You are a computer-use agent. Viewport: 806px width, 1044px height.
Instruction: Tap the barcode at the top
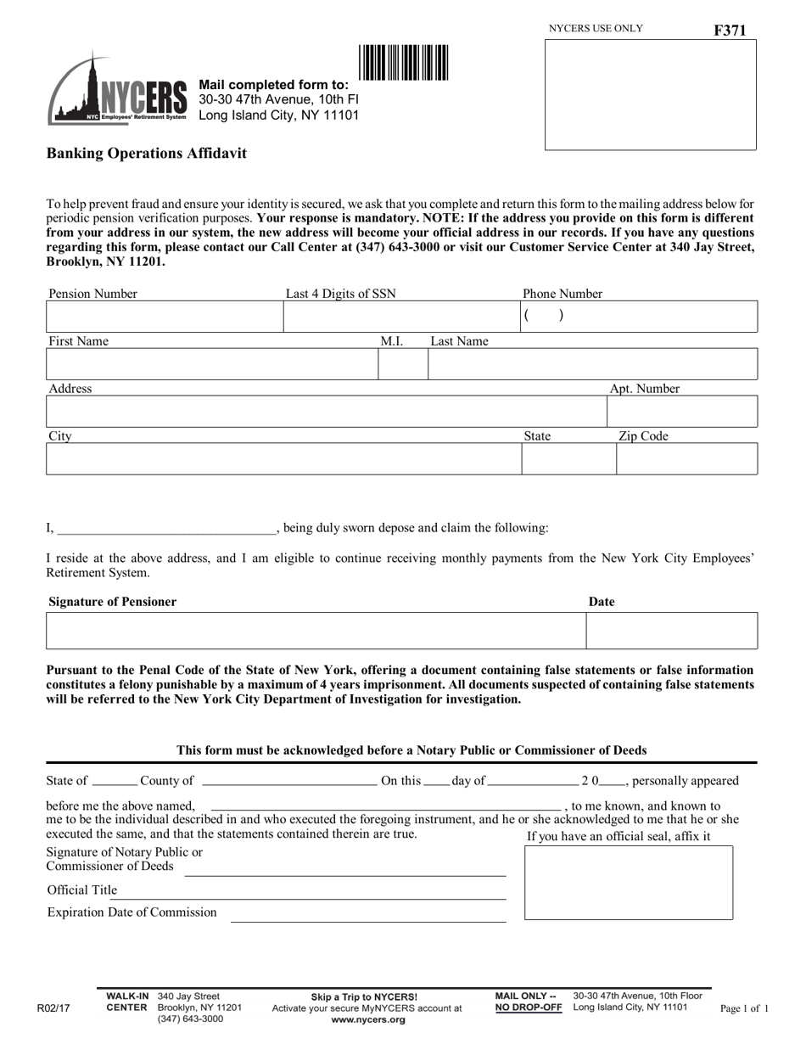[404, 63]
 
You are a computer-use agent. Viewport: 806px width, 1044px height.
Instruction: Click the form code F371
[730, 31]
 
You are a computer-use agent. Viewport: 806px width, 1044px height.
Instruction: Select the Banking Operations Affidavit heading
[147, 154]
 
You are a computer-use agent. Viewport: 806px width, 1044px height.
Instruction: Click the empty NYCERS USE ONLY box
[650, 94]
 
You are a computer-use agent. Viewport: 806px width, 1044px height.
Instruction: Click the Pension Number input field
[164, 317]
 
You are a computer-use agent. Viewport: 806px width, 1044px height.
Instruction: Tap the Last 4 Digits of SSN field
[400, 317]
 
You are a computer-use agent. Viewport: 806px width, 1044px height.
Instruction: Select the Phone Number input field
[638, 317]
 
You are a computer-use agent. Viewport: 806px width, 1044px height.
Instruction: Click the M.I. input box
[403, 364]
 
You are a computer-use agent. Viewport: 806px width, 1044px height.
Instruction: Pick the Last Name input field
[592, 364]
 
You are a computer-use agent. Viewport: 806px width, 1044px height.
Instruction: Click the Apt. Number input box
[682, 412]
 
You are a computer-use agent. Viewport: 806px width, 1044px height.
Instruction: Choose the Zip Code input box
[686, 458]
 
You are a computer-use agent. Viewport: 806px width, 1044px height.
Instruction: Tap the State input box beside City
[568, 458]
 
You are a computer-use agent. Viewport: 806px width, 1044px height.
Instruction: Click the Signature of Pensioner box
[316, 631]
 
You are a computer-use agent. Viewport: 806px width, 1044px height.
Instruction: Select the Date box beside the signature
[672, 631]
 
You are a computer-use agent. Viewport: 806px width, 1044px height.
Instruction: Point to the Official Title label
[82, 890]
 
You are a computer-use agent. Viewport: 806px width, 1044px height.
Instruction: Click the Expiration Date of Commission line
[368, 914]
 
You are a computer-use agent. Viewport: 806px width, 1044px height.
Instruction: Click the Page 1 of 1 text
[744, 1009]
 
